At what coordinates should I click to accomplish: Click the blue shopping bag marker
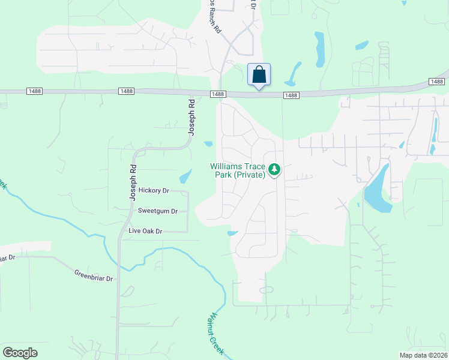(259, 75)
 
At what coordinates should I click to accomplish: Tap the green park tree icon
(274, 169)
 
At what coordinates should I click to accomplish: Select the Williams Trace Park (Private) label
(237, 170)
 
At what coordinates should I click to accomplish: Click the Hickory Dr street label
(154, 190)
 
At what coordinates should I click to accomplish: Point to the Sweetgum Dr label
(158, 211)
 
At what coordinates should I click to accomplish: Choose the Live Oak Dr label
(146, 231)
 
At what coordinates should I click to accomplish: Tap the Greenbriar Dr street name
(94, 274)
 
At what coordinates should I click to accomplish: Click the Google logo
(20, 353)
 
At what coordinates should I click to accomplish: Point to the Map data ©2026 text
(423, 355)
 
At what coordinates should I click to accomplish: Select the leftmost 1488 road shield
(34, 91)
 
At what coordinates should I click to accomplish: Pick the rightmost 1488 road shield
(436, 81)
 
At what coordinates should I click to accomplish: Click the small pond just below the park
(233, 233)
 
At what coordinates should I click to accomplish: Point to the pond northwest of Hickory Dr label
(185, 176)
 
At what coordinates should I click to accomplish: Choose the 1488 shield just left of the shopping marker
(218, 94)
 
